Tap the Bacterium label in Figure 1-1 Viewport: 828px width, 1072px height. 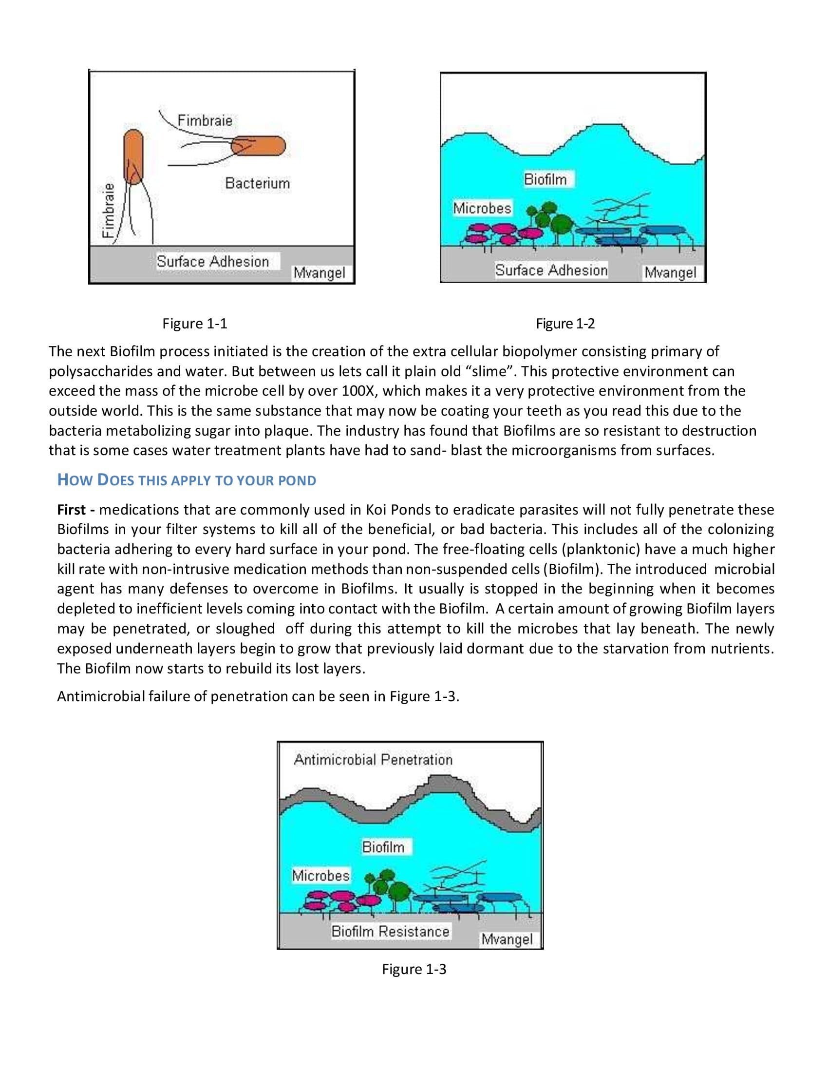coord(258,183)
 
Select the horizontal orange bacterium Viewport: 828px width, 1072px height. coord(258,146)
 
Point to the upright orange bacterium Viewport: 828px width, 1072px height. coord(133,156)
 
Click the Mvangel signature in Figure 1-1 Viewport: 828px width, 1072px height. coord(320,273)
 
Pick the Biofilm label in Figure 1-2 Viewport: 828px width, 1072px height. coord(545,179)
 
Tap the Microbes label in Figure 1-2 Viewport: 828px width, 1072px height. coord(482,208)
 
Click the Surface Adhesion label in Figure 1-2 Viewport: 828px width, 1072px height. coord(551,270)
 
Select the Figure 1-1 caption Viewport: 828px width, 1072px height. coord(195,324)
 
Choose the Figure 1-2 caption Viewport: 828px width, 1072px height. coord(565,324)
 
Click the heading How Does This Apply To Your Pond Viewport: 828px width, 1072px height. coord(187,479)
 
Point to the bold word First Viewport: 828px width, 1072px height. coord(72,510)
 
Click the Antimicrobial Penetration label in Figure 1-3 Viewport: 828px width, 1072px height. coord(373,760)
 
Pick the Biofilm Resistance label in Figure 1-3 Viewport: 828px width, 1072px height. coord(390,931)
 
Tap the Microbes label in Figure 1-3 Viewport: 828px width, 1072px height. coord(321,875)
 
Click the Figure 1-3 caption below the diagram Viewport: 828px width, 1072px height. coord(414,969)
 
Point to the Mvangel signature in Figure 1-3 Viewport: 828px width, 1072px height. coord(506,939)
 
